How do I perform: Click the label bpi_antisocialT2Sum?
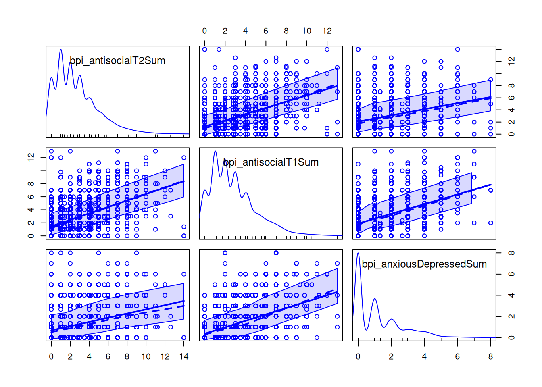[117, 61]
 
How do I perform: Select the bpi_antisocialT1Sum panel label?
[271, 162]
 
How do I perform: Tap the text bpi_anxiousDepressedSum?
[424, 264]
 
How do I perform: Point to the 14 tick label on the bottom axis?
[184, 357]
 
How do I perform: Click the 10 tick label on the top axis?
[306, 31]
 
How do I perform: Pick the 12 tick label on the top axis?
[327, 31]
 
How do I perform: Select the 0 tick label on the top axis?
[204, 31]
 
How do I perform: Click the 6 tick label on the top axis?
[266, 31]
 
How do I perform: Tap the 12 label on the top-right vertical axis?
[511, 61]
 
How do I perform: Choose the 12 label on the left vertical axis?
[31, 157]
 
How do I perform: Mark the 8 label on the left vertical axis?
[31, 184]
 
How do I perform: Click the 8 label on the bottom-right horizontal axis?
[490, 357]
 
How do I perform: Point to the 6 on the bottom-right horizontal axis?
[457, 357]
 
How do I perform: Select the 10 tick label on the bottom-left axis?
[146, 357]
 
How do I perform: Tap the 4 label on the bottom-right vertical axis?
[511, 295]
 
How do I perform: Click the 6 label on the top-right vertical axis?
[511, 98]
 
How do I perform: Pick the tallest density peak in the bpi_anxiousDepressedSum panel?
[358, 253]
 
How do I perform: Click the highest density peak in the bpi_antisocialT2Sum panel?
[61, 50]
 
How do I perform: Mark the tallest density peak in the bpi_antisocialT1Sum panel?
[215, 152]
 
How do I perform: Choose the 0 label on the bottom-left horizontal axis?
[51, 357]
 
